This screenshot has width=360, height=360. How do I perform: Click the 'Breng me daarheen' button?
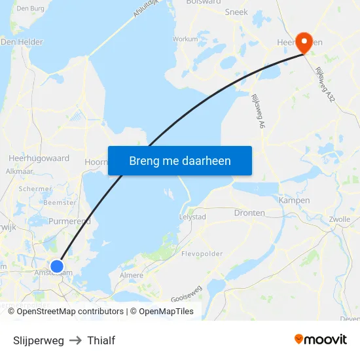coord(180,160)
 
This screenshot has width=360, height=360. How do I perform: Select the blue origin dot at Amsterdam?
coord(57,266)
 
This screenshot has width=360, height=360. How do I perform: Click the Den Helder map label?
coord(22,42)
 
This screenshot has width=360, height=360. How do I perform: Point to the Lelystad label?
coord(192,217)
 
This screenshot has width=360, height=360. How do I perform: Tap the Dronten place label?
coord(249,213)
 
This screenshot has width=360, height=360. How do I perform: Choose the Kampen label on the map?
coord(294,200)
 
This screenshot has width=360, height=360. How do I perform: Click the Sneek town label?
coord(236,12)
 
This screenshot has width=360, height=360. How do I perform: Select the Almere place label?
coord(132,276)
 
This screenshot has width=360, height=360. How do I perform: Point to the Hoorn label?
coord(96,161)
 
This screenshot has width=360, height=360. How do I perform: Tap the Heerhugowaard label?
coord(39,158)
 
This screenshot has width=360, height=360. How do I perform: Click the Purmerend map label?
coord(69,221)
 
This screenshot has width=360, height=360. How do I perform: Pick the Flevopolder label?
coord(202,254)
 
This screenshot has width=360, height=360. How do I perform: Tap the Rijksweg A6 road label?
coord(258,110)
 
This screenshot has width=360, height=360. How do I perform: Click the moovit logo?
coord(321,340)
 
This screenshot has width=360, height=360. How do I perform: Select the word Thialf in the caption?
coord(101,340)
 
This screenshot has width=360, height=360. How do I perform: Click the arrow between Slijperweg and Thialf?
coord(75,340)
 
